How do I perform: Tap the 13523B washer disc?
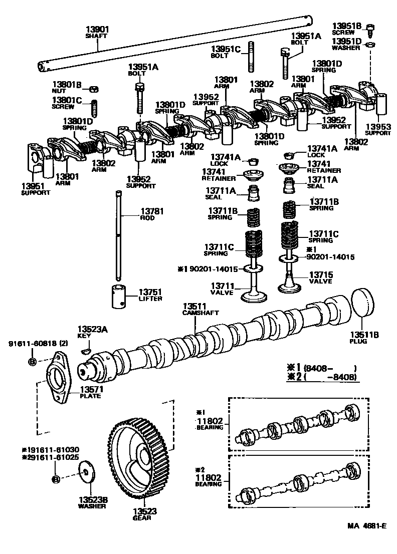click(87, 472)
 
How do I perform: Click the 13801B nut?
click(93, 89)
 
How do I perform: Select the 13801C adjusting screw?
click(93, 107)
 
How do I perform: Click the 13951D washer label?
click(346, 45)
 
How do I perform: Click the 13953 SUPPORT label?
click(377, 130)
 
